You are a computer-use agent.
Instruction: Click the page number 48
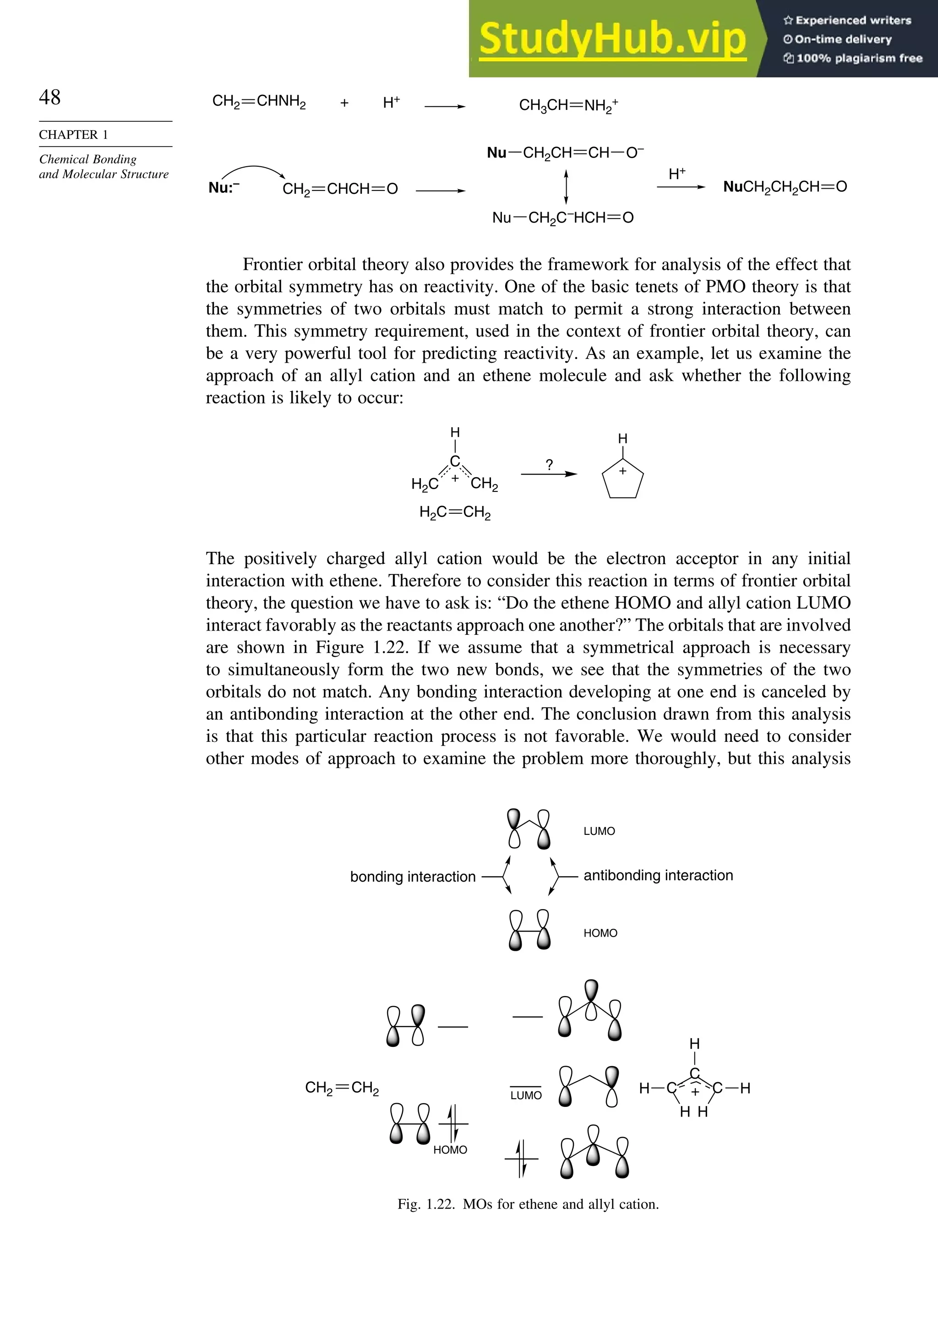49,97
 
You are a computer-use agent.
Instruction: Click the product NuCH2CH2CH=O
785,187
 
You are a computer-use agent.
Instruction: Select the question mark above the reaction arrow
549,464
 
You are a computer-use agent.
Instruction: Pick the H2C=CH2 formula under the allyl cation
455,512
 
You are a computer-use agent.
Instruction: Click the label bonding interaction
412,877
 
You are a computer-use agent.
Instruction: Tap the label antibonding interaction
658,876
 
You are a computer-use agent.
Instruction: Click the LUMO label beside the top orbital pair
599,831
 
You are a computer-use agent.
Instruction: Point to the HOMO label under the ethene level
450,1150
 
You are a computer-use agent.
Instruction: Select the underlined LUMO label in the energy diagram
525,1095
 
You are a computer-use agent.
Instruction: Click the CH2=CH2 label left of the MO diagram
342,1088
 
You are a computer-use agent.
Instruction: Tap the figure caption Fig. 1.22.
528,1204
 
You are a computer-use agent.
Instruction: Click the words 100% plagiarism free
859,58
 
